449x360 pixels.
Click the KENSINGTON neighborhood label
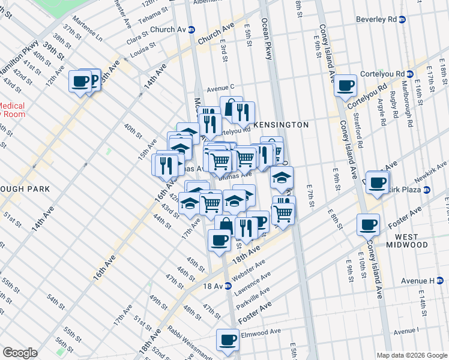tap(281, 125)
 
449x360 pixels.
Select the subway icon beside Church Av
tap(191, 29)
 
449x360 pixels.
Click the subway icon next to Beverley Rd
tap(402, 19)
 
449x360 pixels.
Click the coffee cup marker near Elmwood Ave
tap(228, 340)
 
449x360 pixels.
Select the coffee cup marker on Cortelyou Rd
tap(345, 85)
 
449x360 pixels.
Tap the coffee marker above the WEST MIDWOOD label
tap(368, 224)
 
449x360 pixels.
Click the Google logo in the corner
tap(20, 353)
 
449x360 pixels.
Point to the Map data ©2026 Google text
tap(411, 355)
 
